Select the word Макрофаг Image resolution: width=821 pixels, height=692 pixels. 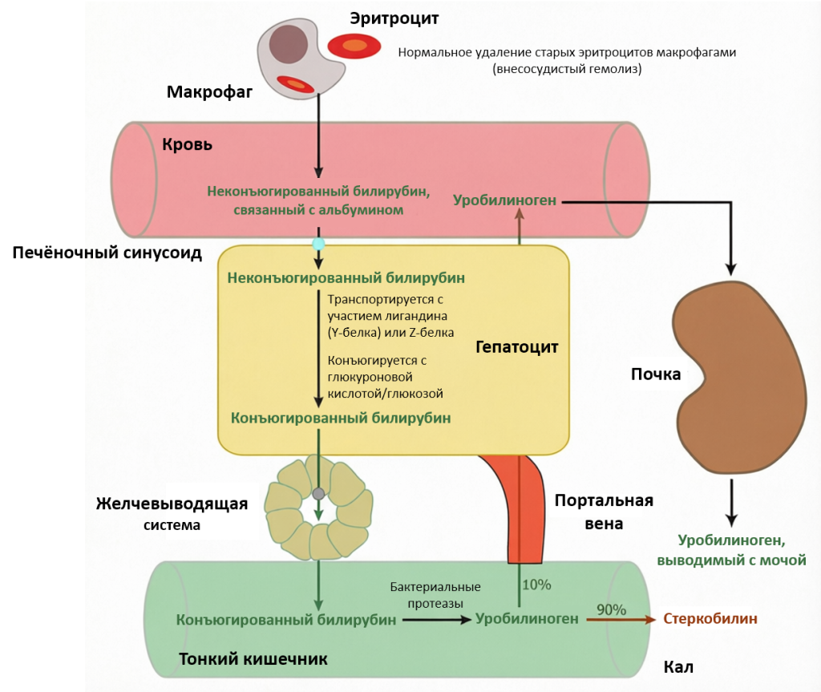(209, 92)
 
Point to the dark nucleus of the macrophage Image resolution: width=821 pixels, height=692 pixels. (288, 44)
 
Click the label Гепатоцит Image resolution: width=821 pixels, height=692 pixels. (516, 347)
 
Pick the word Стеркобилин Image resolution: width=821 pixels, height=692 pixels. (710, 619)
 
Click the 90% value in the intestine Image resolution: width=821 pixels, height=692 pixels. (611, 609)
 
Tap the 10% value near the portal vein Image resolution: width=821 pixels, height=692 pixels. (536, 585)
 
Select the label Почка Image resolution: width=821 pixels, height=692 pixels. (656, 374)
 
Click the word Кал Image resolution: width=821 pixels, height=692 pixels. (678, 667)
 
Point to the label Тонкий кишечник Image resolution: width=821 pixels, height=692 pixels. (253, 659)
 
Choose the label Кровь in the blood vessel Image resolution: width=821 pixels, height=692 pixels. (188, 144)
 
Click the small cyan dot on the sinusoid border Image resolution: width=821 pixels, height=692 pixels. (318, 243)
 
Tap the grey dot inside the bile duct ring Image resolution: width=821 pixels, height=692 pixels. (318, 493)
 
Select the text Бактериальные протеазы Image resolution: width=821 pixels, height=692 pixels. (435, 595)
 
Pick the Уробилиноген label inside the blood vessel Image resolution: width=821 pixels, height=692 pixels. (504, 200)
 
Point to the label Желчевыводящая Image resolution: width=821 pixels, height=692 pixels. (172, 504)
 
